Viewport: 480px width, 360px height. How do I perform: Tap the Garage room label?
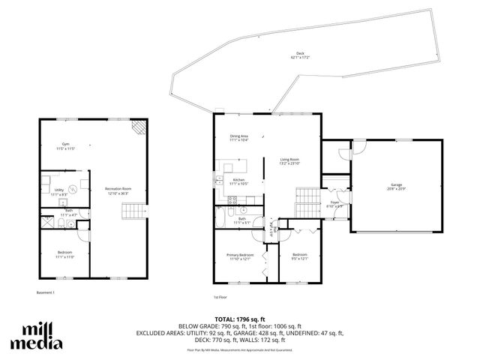tap(396, 185)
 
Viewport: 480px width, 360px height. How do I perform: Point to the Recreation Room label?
tap(118, 190)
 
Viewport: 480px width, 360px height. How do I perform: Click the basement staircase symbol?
tap(131, 214)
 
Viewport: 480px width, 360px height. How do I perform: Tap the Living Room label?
tap(289, 160)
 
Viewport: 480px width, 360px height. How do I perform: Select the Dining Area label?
tap(239, 137)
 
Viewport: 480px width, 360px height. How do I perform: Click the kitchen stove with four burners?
tap(233, 200)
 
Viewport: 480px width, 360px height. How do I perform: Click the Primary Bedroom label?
tap(240, 257)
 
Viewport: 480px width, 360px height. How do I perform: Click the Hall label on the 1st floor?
tap(275, 230)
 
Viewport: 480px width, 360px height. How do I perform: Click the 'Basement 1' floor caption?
tap(46, 292)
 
